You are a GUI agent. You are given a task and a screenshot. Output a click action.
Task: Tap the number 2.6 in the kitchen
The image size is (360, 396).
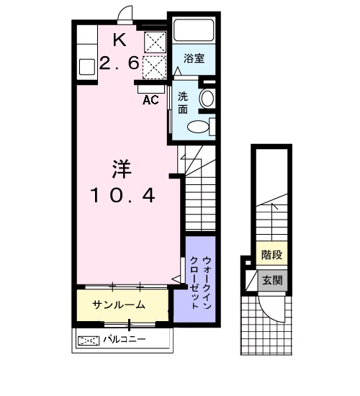(119, 63)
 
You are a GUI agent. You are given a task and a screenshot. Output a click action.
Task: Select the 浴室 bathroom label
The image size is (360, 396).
(193, 58)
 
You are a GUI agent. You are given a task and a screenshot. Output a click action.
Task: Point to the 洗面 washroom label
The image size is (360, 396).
(184, 103)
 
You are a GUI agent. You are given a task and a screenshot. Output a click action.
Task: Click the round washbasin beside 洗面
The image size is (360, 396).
(207, 99)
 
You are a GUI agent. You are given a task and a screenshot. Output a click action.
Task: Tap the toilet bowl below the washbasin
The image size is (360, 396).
(198, 127)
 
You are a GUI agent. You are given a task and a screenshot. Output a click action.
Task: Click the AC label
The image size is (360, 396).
(150, 100)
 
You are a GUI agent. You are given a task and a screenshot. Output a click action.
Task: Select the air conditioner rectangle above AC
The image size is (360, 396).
(150, 88)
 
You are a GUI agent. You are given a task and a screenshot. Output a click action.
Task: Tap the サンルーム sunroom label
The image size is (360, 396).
(119, 305)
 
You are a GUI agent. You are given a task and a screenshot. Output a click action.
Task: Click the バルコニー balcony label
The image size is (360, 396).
(123, 339)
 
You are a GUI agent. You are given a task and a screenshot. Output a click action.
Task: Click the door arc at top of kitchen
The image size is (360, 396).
(125, 14)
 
